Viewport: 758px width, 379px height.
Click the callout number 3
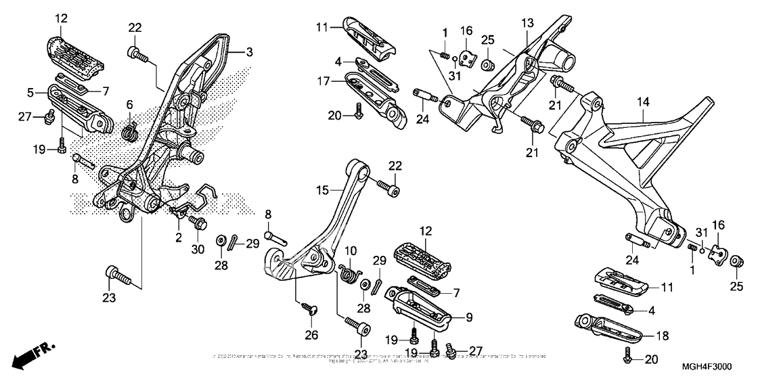point(250,52)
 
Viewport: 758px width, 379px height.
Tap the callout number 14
point(642,102)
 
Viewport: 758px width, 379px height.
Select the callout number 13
point(527,24)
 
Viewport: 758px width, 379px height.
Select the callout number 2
point(179,237)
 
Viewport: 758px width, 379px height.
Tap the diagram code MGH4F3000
point(707,366)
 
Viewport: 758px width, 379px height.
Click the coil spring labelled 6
point(130,128)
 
